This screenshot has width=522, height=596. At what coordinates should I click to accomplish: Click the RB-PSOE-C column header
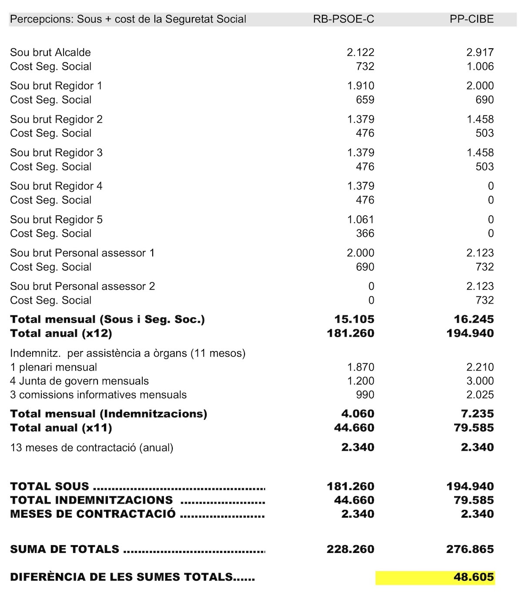pos(343,19)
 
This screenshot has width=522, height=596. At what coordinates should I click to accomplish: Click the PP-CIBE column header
pos(472,19)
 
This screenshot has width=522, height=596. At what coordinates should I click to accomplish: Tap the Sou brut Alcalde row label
pos(50,53)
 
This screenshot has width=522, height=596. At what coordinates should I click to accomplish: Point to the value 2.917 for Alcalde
pos(480,53)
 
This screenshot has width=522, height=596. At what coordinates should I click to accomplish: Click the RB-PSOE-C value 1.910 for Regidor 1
pos(361,86)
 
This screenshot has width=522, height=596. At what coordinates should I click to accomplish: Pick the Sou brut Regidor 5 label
pos(56,220)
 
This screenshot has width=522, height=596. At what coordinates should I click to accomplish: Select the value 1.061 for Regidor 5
pos(361,220)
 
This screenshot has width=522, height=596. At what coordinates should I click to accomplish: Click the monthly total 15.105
pos(354,319)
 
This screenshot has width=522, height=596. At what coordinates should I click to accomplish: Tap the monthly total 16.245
pos(474,319)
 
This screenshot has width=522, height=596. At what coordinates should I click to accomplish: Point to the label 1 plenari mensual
pos(54,367)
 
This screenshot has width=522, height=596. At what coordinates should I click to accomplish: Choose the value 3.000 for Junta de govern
pos(480,381)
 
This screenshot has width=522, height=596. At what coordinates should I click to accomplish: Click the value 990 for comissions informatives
pos(365,395)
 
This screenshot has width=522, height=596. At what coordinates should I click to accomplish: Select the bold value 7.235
pos(477,414)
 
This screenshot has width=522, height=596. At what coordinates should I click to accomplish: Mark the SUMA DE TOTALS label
pos(64,549)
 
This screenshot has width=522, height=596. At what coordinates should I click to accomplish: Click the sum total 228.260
pos(350,549)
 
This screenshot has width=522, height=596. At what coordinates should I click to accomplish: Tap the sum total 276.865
pos(470,549)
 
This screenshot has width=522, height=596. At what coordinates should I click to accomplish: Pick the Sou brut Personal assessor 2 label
pos(82,286)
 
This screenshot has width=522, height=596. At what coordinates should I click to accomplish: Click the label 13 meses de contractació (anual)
pos(92,448)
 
